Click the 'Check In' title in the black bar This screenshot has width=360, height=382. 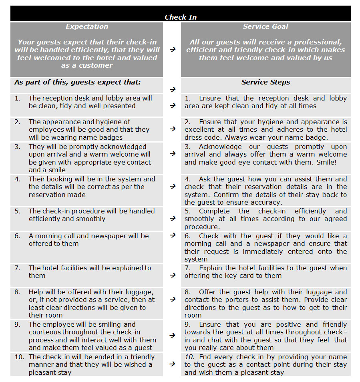click(x=181, y=17)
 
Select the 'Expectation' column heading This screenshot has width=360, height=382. click(x=87, y=26)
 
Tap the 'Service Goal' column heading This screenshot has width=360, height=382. click(x=265, y=26)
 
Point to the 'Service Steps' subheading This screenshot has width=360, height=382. click(x=265, y=82)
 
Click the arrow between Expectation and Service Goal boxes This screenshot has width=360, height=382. click(x=172, y=49)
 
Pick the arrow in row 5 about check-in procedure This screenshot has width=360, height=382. click(x=172, y=218)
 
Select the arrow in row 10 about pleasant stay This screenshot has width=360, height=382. click(x=172, y=364)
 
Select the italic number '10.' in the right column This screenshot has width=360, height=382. click(x=190, y=357)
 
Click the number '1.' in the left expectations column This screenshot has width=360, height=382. click(x=18, y=98)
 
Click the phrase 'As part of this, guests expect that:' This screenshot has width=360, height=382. click(x=78, y=82)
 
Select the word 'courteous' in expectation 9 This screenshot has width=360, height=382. click(x=45, y=332)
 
